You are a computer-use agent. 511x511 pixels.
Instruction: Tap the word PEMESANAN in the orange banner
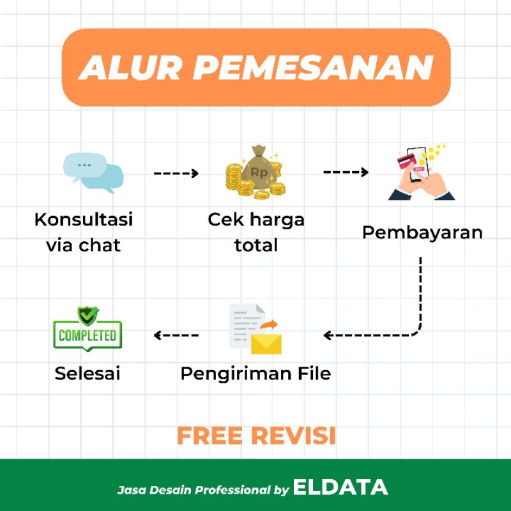click(312, 67)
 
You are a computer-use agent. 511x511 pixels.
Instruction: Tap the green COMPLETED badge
click(87, 334)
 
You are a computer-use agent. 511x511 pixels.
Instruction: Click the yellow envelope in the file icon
click(266, 343)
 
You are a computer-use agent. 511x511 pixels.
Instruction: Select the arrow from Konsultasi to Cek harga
click(176, 173)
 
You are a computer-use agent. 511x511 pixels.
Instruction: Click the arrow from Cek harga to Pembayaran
click(346, 172)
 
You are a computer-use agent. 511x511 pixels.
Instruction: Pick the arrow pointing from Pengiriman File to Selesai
click(176, 335)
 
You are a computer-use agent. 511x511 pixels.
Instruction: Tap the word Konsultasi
click(84, 220)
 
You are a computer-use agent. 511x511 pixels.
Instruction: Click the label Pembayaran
click(422, 232)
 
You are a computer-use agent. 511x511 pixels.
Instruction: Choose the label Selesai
click(88, 373)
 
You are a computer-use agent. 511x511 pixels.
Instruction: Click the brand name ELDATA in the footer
click(340, 488)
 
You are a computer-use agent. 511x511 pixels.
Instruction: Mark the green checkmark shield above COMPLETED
click(87, 316)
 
